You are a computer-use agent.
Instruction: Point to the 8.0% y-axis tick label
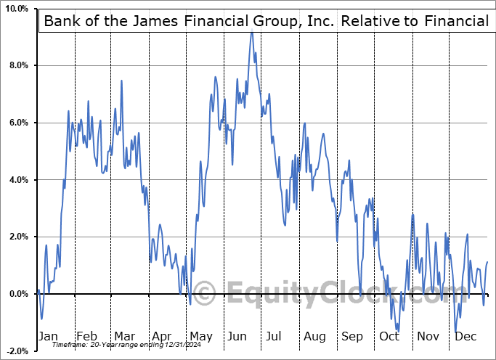tap(16, 66)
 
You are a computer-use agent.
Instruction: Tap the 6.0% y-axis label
tap(16, 123)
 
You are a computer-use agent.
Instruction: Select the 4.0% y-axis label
tap(16, 180)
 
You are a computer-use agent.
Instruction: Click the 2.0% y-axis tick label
tap(16, 237)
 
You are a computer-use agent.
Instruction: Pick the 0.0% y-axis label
tap(16, 294)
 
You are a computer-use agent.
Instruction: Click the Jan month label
tap(49, 337)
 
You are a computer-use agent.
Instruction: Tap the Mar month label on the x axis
tap(124, 337)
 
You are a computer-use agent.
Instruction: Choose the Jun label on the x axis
tap(237, 337)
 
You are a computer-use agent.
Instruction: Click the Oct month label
tap(389, 337)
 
